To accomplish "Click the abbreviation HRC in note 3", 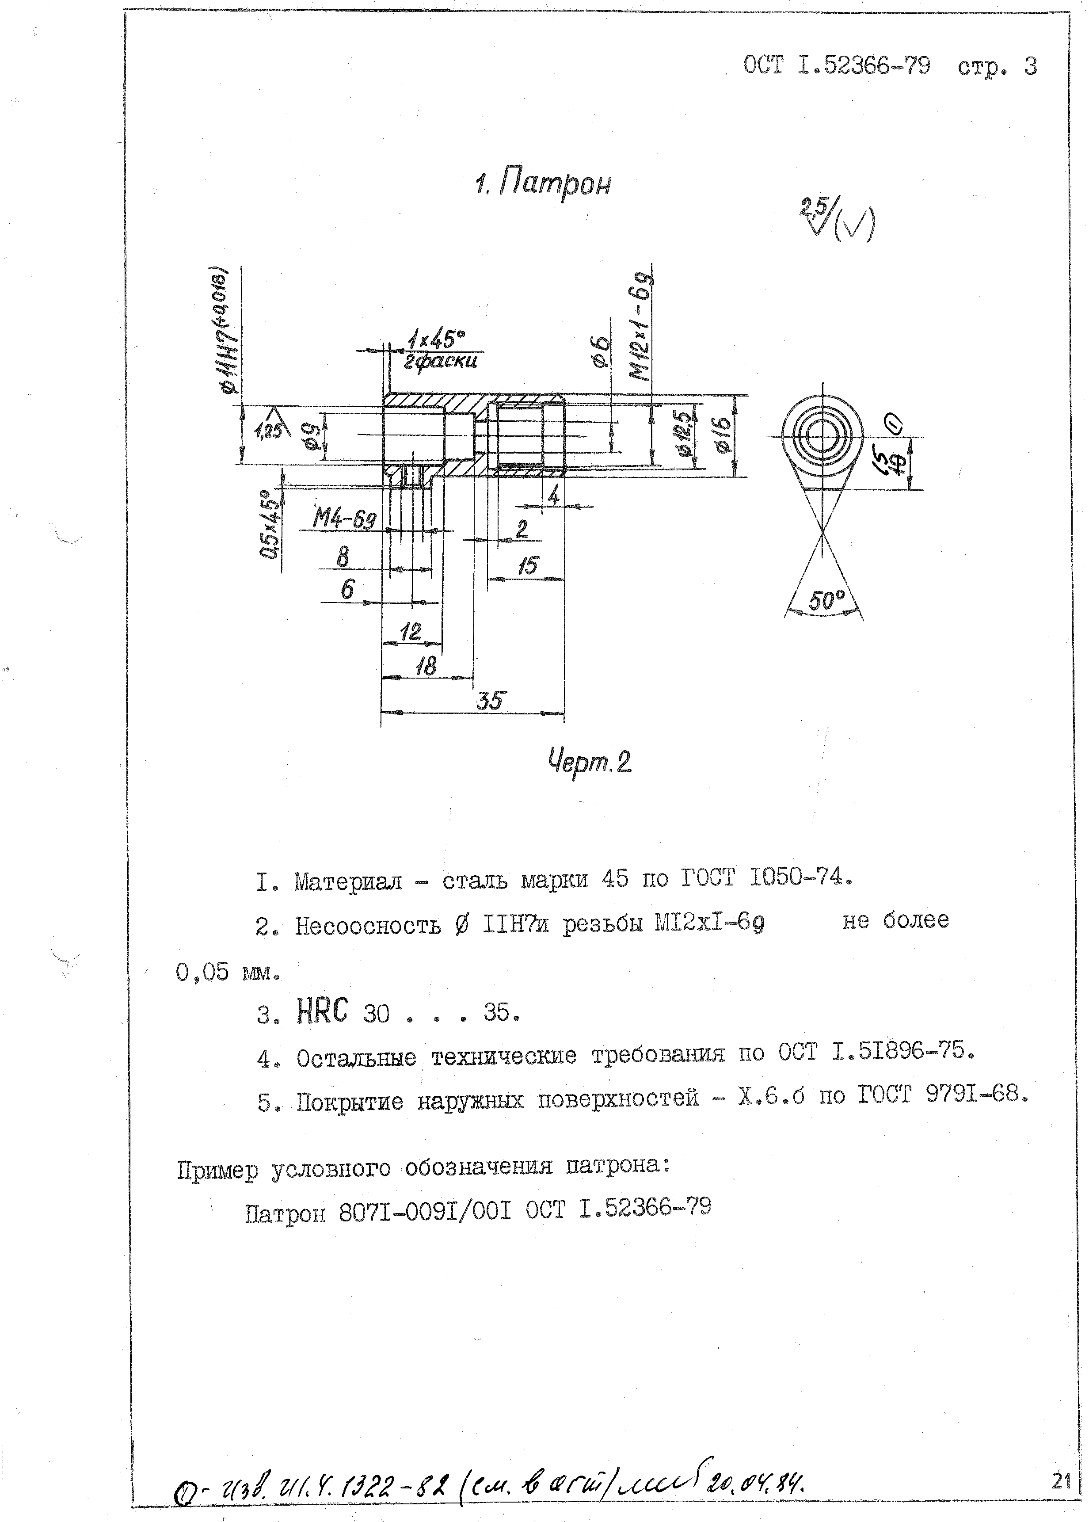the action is click(323, 1011).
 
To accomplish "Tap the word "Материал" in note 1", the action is click(348, 880).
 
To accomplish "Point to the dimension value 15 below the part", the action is click(528, 565).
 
